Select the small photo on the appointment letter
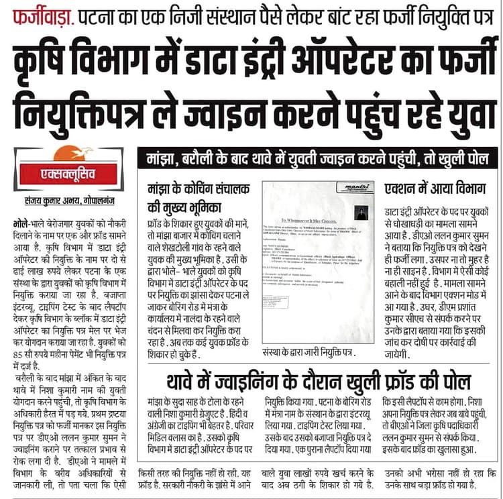[x=362, y=213]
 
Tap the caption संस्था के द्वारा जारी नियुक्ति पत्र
[x=308, y=352]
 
